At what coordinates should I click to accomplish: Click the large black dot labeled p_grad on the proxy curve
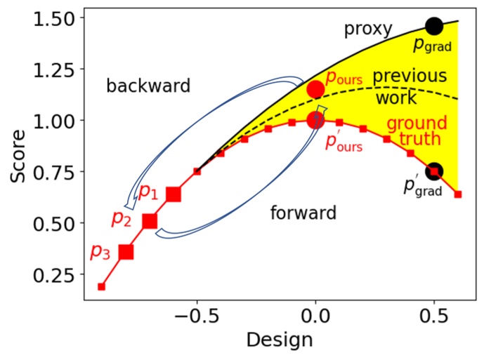pos(434,26)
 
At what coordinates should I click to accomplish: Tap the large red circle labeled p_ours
pos(315,89)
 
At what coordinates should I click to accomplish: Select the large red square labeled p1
pos(174,194)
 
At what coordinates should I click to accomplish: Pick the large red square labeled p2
pos(150,222)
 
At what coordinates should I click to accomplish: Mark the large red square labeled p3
pos(126,252)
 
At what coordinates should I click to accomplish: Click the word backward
pos(148,86)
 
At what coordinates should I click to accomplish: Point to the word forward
pos(303,212)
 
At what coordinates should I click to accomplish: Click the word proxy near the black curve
pos(365,29)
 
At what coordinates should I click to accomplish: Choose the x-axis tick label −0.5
pos(192,318)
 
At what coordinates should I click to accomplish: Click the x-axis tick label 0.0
pos(315,318)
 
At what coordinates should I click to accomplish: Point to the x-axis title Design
pos(280,341)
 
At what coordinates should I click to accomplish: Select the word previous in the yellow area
pos(409,76)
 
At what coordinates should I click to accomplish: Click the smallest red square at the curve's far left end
pos(102,286)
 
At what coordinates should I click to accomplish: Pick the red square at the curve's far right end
pos(458,194)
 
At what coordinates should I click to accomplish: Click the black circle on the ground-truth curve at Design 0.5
pos(434,171)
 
